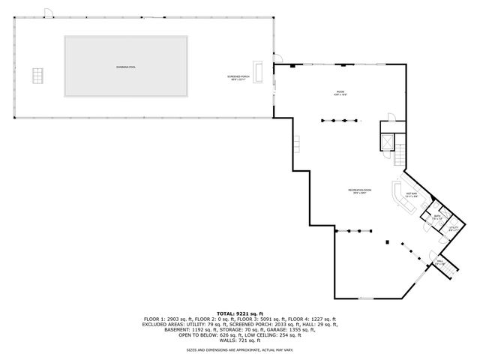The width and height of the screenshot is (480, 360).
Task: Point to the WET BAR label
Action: tap(412, 195)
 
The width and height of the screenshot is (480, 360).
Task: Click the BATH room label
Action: tap(436, 217)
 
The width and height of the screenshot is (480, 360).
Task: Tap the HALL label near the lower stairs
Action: tap(440, 263)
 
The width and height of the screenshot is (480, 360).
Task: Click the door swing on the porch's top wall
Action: tap(48, 13)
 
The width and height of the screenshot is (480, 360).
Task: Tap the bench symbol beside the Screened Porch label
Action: tap(259, 72)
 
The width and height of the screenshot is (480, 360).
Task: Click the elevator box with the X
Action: tap(388, 142)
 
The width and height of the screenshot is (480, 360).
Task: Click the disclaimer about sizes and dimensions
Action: tap(240, 349)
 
